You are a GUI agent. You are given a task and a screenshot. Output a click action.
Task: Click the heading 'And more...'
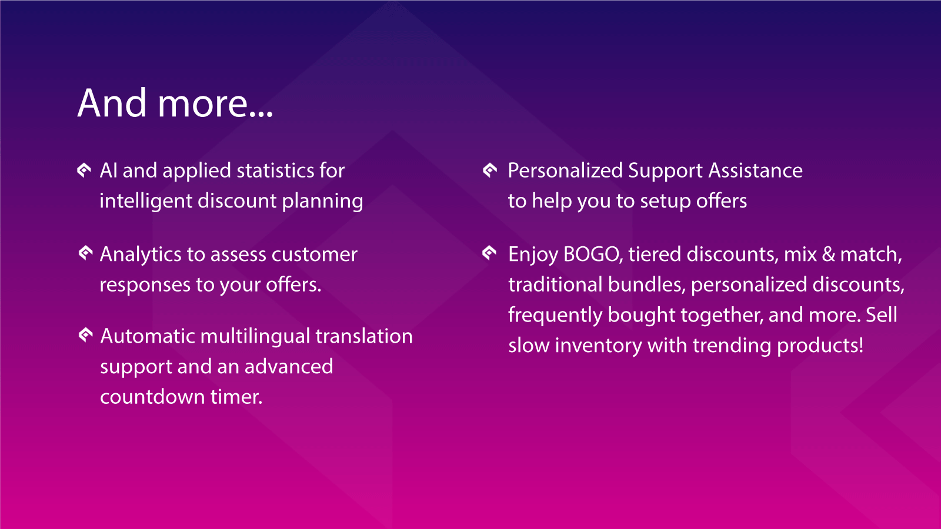point(175,103)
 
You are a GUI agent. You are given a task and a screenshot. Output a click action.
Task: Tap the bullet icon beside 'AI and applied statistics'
point(84,170)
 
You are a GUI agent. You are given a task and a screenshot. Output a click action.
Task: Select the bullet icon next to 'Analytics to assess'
point(85,253)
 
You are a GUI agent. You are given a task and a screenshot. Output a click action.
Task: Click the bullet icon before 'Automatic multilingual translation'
point(85,334)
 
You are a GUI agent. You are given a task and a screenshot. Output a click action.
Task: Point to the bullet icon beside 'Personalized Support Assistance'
point(490,170)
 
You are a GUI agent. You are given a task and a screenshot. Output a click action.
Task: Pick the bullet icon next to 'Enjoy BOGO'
point(489,252)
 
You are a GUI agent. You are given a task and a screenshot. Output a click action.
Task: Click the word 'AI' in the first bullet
point(108,170)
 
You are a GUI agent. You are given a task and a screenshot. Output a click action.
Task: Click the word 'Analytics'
point(141,255)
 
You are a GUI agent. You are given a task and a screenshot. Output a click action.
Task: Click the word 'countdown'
point(152,397)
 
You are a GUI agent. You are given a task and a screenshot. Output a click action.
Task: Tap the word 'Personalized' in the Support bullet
point(565,170)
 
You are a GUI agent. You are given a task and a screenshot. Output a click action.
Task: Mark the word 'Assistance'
point(756,170)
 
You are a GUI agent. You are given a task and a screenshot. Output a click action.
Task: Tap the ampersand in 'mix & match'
point(829,255)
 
